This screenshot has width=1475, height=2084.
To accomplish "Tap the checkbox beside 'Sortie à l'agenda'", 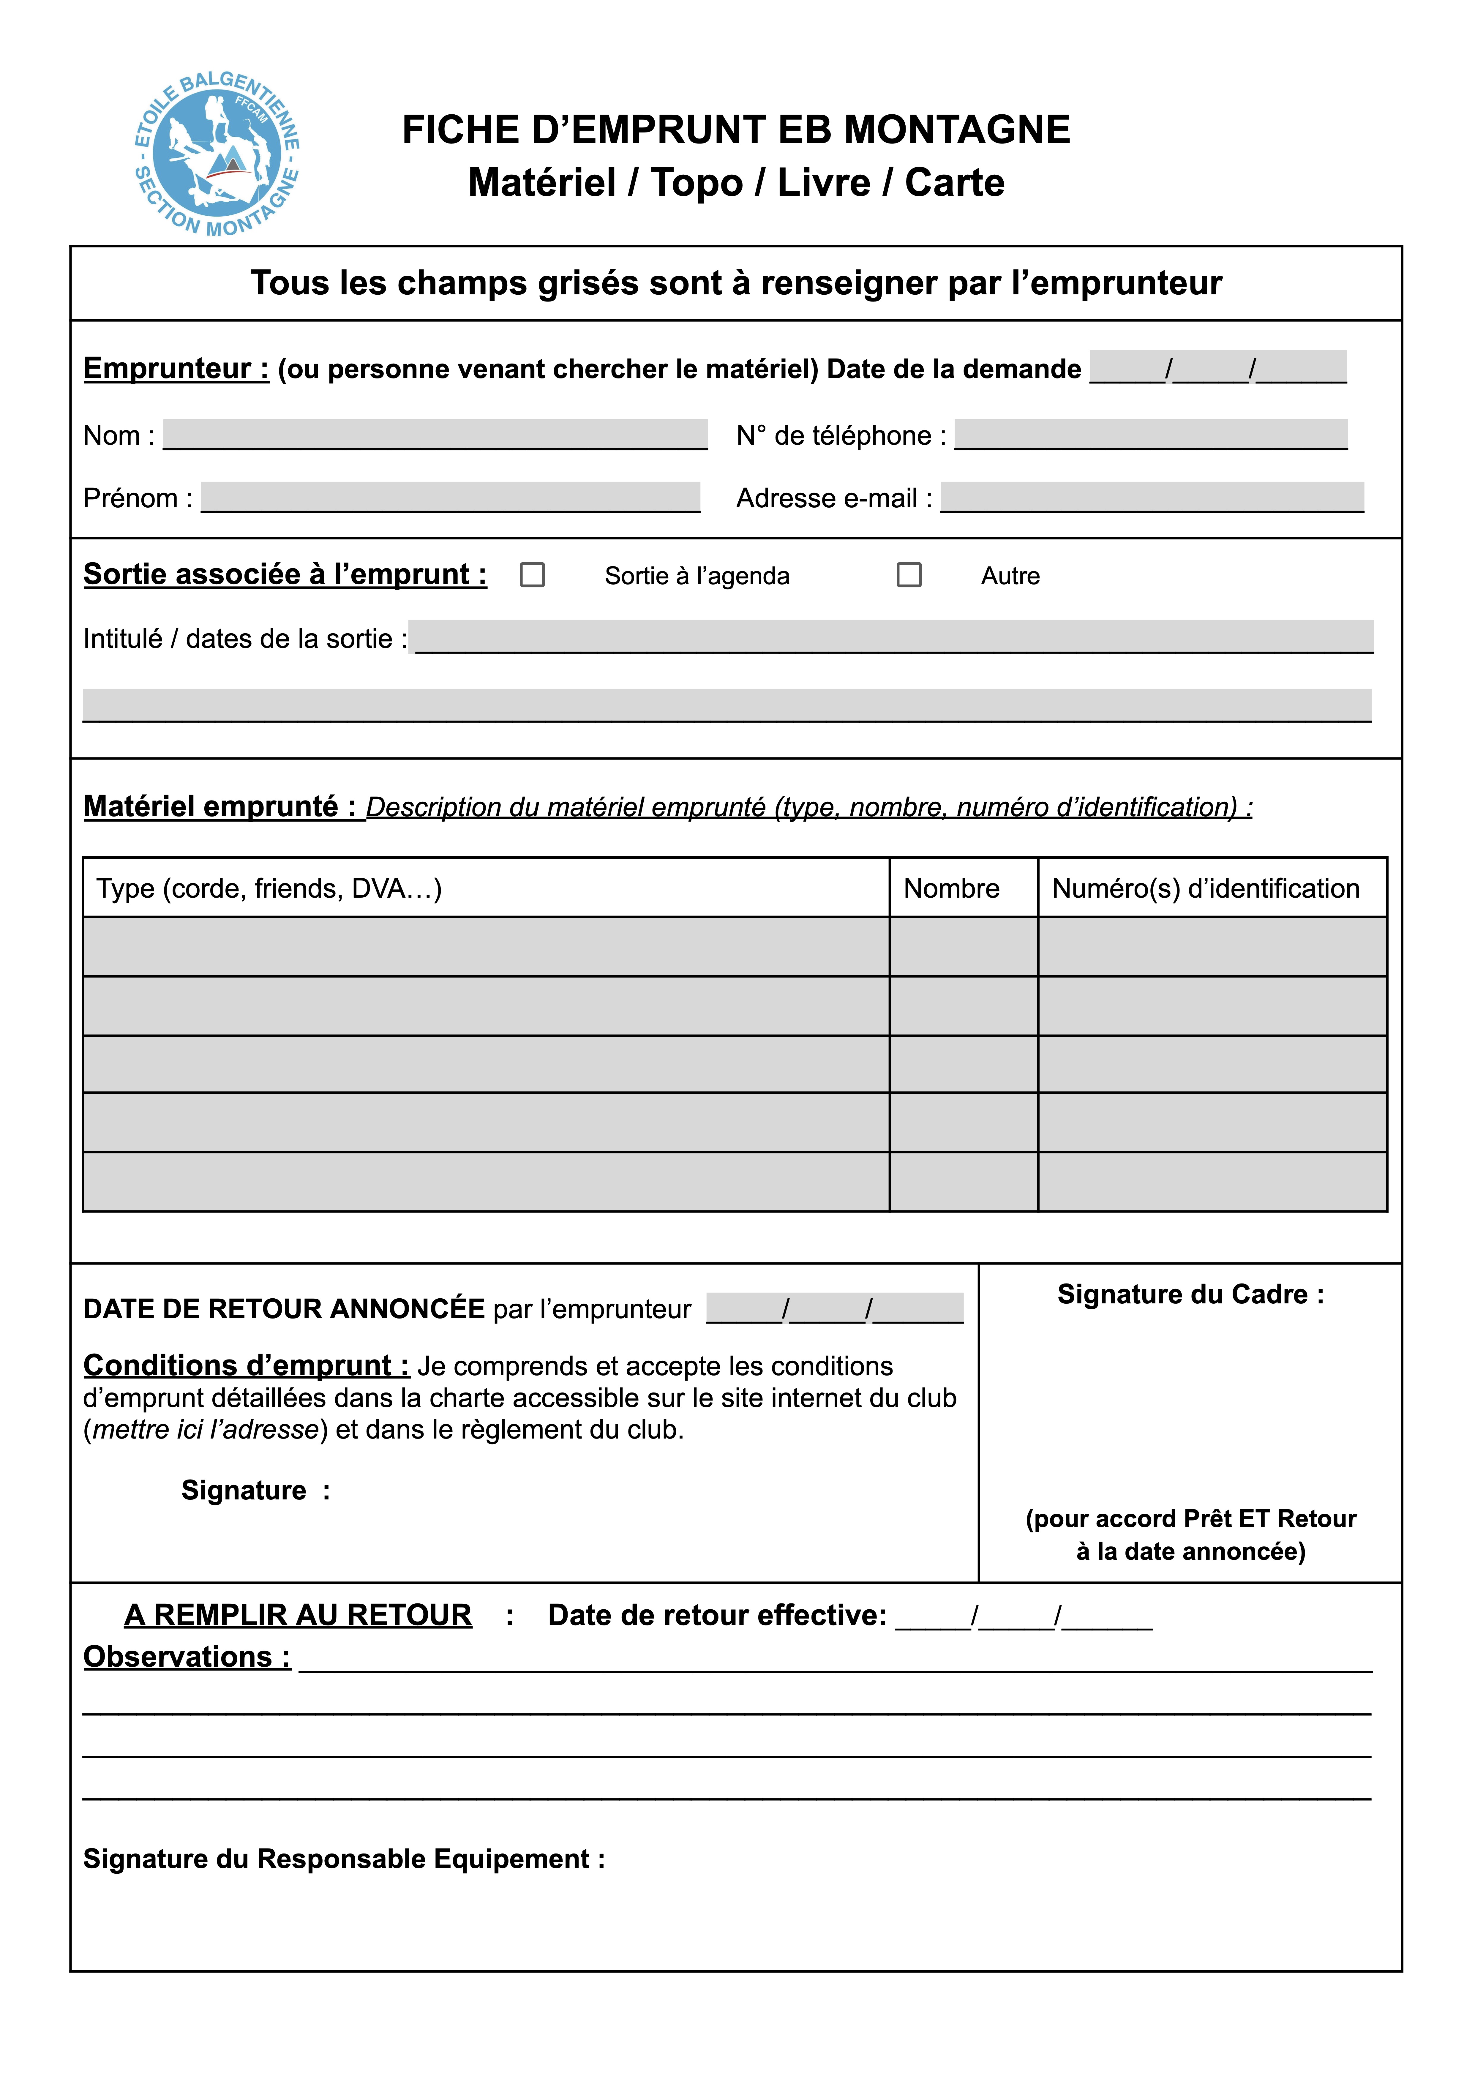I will tap(532, 575).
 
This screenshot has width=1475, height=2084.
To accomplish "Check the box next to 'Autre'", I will tap(909, 575).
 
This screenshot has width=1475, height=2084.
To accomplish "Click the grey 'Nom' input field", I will tap(435, 434).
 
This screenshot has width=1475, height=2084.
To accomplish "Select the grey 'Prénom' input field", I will tap(451, 497).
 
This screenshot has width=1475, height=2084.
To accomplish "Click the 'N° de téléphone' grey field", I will tap(1151, 434).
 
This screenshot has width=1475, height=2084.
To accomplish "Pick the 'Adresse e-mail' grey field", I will tap(1152, 497).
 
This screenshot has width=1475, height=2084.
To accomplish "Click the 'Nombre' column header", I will tap(951, 888).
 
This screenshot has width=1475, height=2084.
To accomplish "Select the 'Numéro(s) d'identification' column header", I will tap(1205, 888).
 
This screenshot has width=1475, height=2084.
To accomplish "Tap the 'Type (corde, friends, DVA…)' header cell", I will tap(269, 888).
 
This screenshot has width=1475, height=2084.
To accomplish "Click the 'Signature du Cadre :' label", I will tap(1190, 1294).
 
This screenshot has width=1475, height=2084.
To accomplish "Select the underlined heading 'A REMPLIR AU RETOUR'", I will tap(298, 1614).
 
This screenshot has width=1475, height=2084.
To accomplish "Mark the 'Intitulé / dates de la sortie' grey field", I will tap(894, 637).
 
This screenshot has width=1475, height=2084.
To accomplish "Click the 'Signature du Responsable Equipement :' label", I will tap(343, 1859).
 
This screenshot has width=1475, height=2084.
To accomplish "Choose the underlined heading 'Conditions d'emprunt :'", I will tap(246, 1365).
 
